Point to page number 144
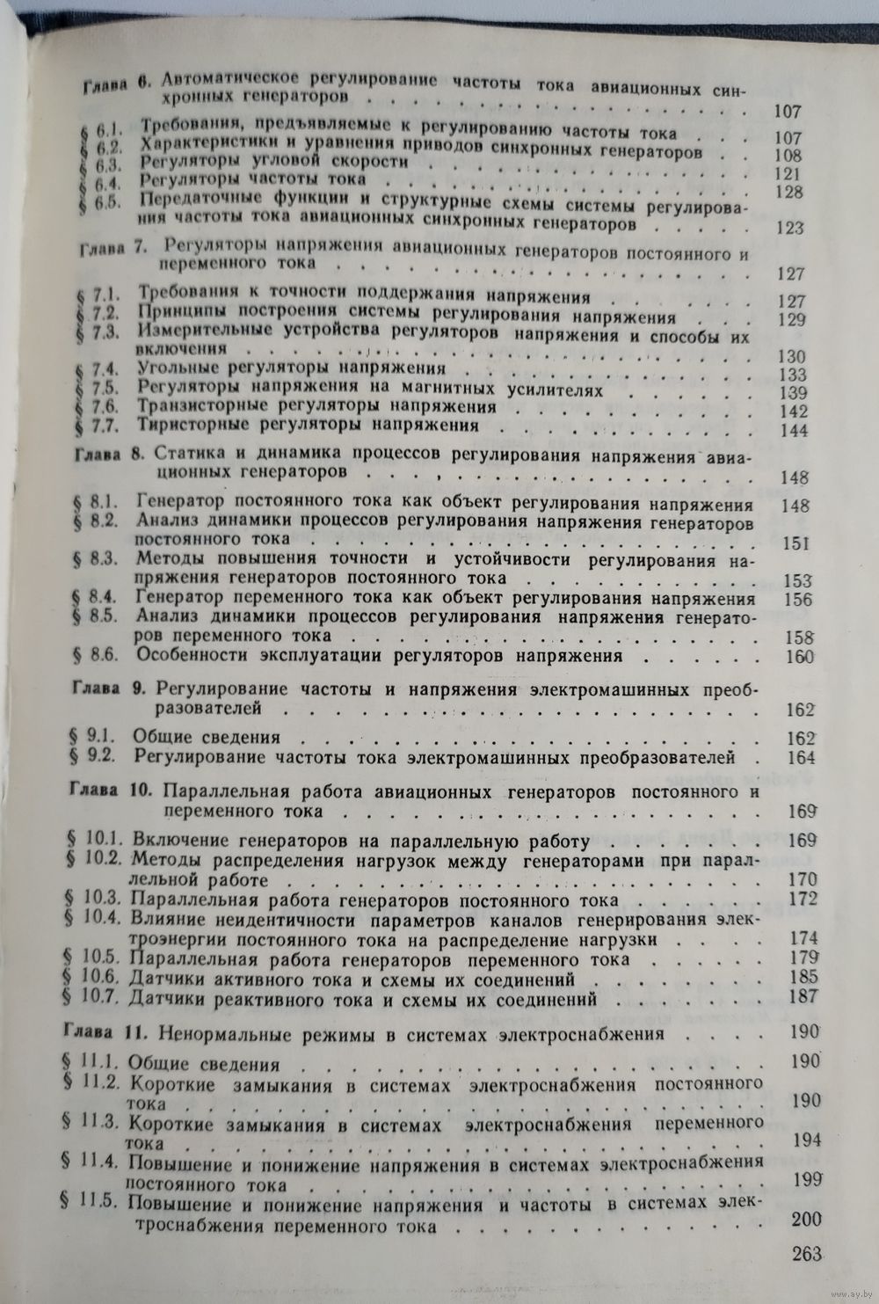[793, 430]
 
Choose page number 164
[801, 758]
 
